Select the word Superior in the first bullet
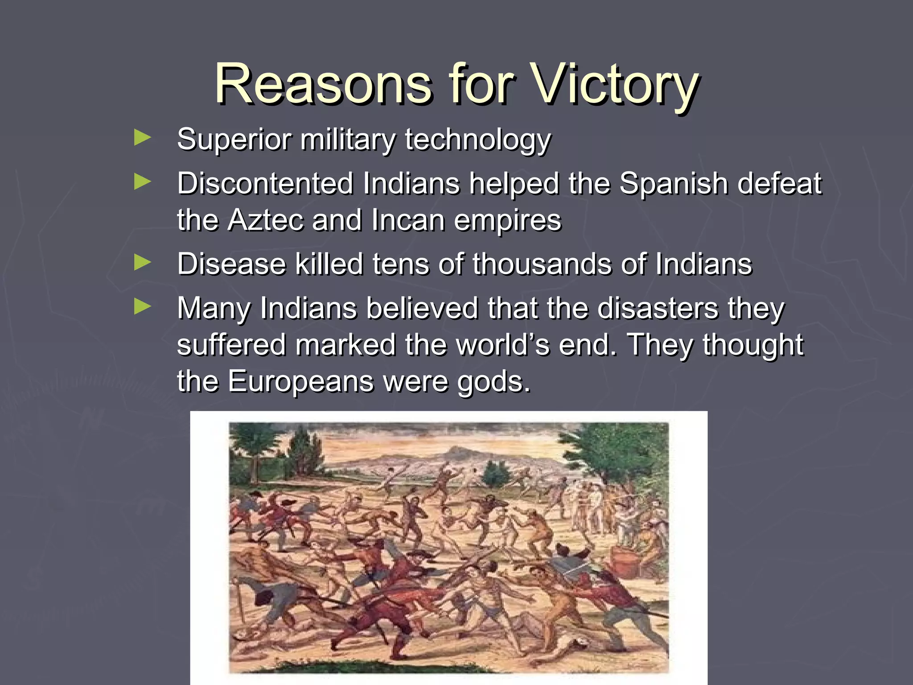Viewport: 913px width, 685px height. (234, 140)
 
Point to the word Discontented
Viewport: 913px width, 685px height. (265, 183)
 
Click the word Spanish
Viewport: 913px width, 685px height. (673, 183)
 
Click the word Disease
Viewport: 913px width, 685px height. (231, 264)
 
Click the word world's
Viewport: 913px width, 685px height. (504, 345)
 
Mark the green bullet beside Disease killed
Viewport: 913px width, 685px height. (142, 263)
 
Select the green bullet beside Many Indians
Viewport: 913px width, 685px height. (142, 306)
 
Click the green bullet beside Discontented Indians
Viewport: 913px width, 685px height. (142, 182)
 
